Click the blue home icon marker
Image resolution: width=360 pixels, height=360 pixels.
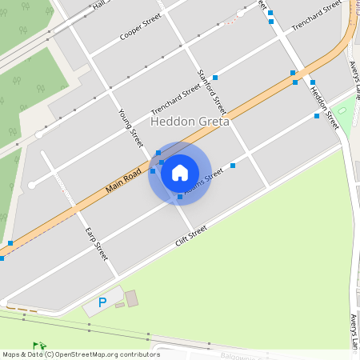coord(180,172)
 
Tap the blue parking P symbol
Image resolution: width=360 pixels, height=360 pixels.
coord(102,302)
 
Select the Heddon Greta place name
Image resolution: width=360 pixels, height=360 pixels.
coord(190,122)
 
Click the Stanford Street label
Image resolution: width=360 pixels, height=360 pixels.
coord(211,90)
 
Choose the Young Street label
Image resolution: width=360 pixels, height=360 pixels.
coord(130,128)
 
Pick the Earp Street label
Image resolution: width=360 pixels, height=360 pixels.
coord(96,243)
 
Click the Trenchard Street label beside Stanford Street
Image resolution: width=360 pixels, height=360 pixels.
coord(176,100)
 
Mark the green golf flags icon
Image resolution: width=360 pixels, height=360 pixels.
coord(39,346)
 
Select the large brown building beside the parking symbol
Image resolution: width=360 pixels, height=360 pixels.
coord(131,298)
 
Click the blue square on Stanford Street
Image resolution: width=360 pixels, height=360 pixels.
coord(215,78)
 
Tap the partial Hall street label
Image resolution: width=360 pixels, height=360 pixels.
coord(100,5)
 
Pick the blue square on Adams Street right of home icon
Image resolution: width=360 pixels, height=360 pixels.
coord(233,166)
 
